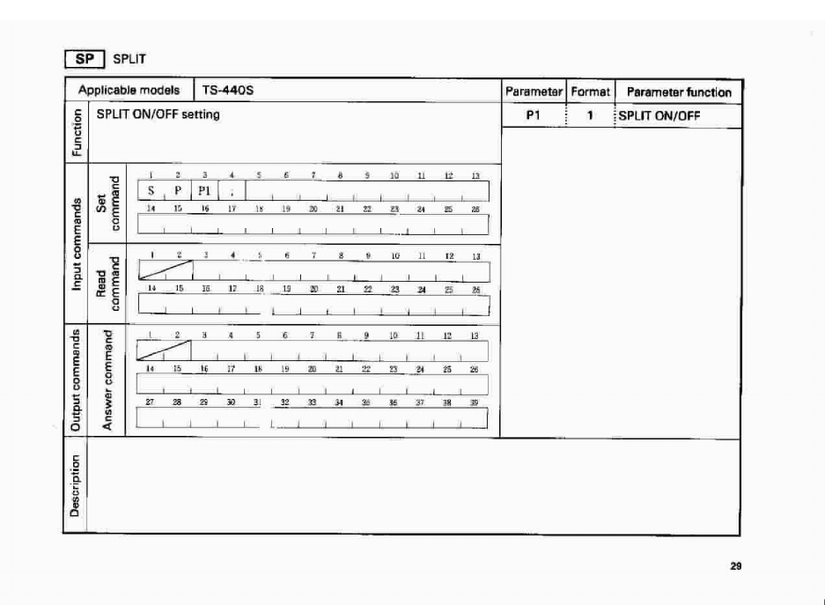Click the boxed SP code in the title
point(85,59)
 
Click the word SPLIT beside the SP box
point(129,59)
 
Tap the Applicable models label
point(129,91)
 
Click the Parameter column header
point(533,92)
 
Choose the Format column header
point(590,92)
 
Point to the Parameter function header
point(678,92)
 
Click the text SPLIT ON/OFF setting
point(158,114)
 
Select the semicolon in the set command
point(231,191)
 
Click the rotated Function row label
point(77,132)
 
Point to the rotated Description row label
point(77,487)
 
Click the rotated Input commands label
point(77,244)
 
